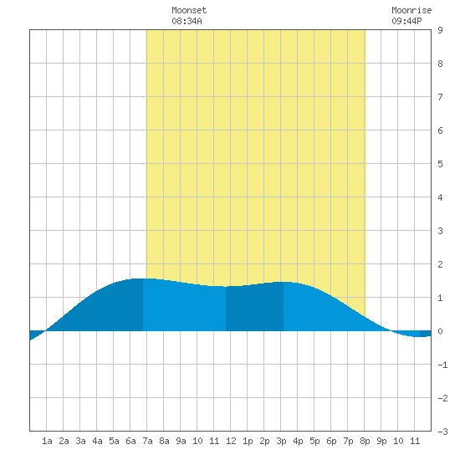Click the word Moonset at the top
pyautogui.click(x=189, y=10)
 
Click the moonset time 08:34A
pyautogui.click(x=187, y=21)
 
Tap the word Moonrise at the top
pyautogui.click(x=411, y=10)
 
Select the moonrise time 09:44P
pyautogui.click(x=406, y=21)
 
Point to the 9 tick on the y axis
pyautogui.click(x=440, y=30)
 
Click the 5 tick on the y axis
pyautogui.click(x=440, y=164)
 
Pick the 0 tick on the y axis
pyautogui.click(x=440, y=331)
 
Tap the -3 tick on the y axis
pyautogui.click(x=442, y=432)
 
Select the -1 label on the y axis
pyautogui.click(x=442, y=365)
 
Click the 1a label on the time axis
pyautogui.click(x=47, y=441)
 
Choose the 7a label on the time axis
pyautogui.click(x=147, y=441)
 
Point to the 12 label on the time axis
pyautogui.click(x=231, y=441)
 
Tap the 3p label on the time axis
pyautogui.click(x=281, y=441)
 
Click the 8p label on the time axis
pyautogui.click(x=365, y=441)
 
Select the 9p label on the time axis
pyautogui.click(x=381, y=441)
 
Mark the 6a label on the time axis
pyautogui.click(x=130, y=441)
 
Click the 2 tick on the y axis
pyautogui.click(x=440, y=264)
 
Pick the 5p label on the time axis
pyautogui.click(x=314, y=441)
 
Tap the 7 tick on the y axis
pyautogui.click(x=440, y=97)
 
